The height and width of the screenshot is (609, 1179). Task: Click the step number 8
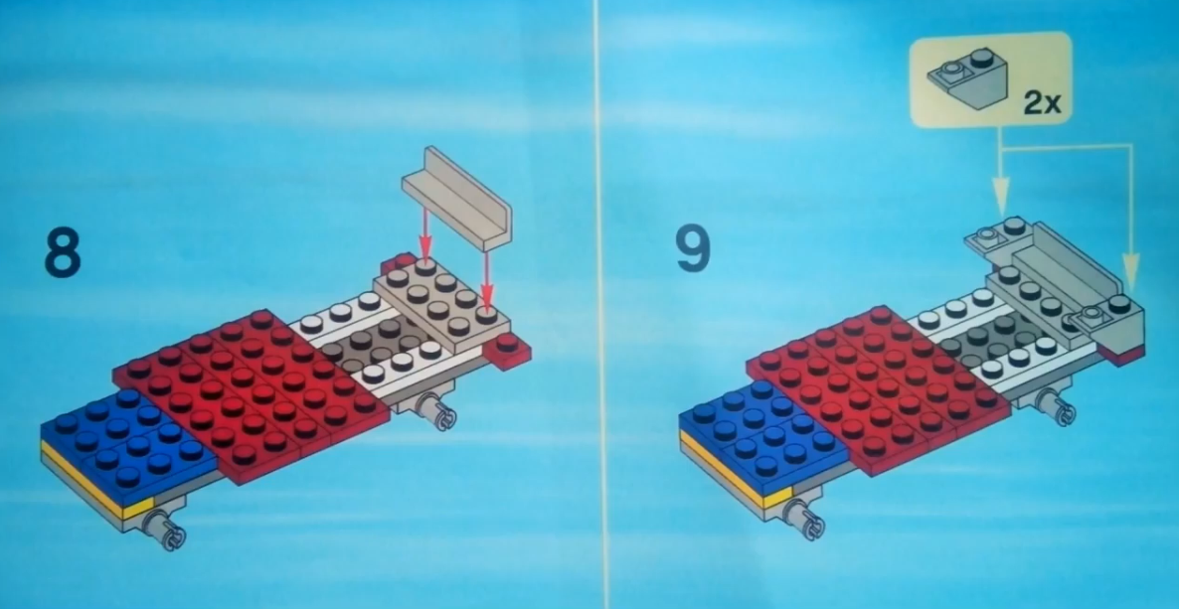pos(63,254)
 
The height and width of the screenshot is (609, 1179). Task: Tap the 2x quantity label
pos(1041,103)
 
